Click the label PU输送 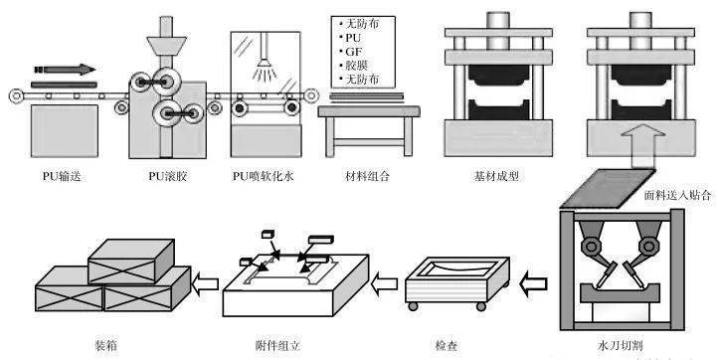click(x=62, y=176)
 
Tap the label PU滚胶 click(x=168, y=176)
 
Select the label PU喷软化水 click(x=264, y=176)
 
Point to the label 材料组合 click(x=366, y=176)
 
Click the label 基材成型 click(x=497, y=176)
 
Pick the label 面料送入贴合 click(x=677, y=196)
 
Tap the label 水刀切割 click(x=621, y=346)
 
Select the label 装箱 click(x=105, y=346)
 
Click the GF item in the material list click(x=353, y=52)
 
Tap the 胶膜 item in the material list click(x=357, y=65)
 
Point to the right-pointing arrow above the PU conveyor click(x=65, y=70)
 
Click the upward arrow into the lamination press click(x=643, y=147)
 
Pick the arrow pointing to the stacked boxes click(x=204, y=284)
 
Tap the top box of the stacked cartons click(x=131, y=262)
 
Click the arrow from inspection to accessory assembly click(x=384, y=284)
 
